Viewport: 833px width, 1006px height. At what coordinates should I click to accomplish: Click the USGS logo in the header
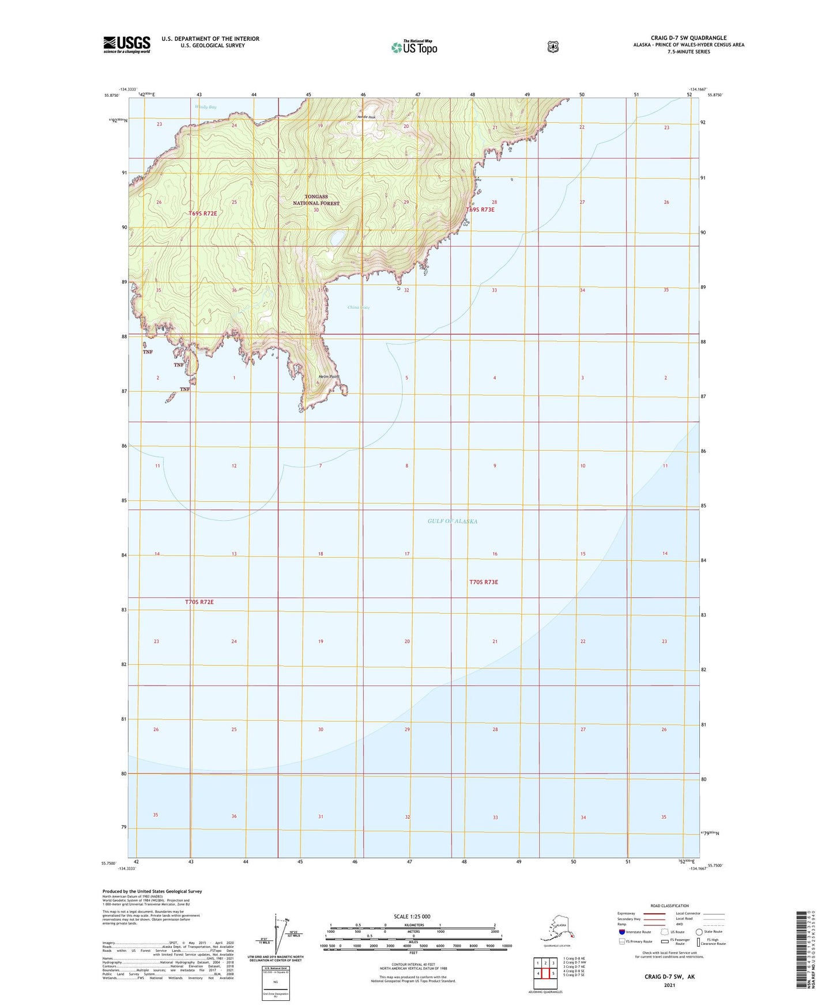click(x=127, y=44)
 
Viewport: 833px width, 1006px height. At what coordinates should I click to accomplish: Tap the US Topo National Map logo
click(x=414, y=47)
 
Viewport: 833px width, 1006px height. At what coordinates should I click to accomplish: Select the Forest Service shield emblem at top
click(x=553, y=47)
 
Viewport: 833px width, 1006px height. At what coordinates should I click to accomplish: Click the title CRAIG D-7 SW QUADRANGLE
click(x=688, y=38)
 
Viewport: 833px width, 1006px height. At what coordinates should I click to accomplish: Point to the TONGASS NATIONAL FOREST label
click(x=316, y=200)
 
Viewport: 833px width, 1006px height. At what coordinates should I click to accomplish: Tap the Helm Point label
click(x=329, y=377)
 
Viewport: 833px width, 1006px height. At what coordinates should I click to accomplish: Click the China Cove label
click(x=359, y=308)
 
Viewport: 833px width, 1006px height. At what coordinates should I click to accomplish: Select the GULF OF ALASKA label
click(x=453, y=521)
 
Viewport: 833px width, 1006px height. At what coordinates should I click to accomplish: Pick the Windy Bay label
click(x=205, y=107)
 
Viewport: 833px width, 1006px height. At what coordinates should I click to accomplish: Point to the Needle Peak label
click(x=366, y=117)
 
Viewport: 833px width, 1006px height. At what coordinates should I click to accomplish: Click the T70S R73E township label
click(x=483, y=582)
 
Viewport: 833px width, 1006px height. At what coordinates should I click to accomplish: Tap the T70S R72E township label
click(x=199, y=602)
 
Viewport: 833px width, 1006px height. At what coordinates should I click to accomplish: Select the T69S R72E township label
click(x=203, y=213)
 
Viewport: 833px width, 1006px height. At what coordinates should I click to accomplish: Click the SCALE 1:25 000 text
click(x=412, y=917)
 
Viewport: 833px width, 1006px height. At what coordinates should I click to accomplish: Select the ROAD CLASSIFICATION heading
click(x=669, y=906)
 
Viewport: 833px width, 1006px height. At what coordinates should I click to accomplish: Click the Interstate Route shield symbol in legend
click(x=622, y=932)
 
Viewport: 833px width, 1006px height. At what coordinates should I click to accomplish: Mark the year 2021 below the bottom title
click(x=669, y=985)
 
